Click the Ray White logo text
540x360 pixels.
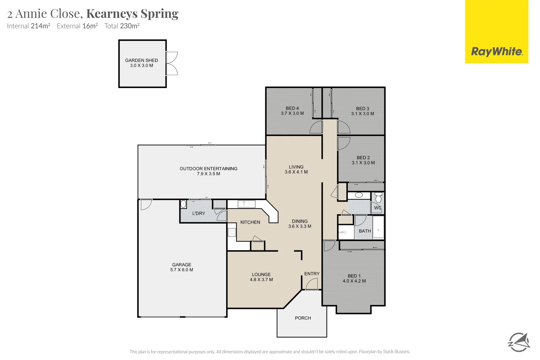coord(497,52)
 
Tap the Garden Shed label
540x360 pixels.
coord(141,60)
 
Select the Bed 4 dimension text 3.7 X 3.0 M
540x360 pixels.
coord(292,113)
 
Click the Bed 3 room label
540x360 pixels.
coord(362,109)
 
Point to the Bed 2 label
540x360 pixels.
coord(363,158)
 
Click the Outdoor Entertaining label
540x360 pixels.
coord(208,169)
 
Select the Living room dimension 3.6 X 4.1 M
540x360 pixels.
coord(296,172)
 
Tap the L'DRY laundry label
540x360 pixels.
coord(199,213)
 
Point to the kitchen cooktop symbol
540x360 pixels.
coord(232,232)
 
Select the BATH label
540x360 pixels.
coord(365,231)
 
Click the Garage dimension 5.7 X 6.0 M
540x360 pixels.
coord(182,270)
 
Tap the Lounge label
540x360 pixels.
coord(261,275)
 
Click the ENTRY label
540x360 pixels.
coord(312,274)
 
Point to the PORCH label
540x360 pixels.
coord(303,318)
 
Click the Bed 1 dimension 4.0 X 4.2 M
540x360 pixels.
coord(354,281)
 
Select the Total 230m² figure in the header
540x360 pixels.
coord(122,26)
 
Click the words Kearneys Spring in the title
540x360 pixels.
coord(132,14)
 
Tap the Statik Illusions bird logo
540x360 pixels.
coord(519,342)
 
